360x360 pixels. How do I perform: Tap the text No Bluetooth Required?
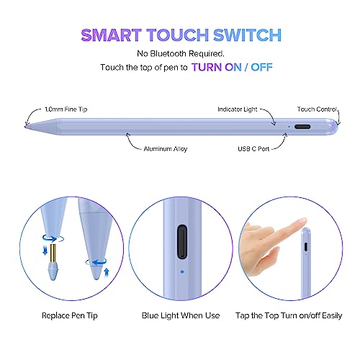click(x=180, y=54)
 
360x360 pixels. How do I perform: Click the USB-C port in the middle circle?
click(x=179, y=245)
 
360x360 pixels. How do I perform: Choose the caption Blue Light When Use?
click(x=180, y=315)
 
